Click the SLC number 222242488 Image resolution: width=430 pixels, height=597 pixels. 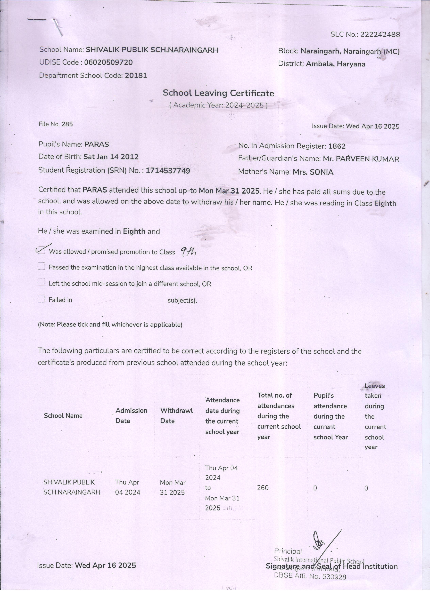[x=380, y=35]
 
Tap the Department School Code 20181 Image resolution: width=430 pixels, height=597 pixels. [x=136, y=76]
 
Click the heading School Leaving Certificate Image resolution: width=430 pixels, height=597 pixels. [x=218, y=93]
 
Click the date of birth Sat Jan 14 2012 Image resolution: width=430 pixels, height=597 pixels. [x=111, y=157]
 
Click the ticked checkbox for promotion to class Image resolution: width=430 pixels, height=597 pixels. [x=42, y=250]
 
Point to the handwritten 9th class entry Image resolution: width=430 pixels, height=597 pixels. [x=188, y=252]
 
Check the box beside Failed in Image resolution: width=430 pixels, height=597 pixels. [x=42, y=299]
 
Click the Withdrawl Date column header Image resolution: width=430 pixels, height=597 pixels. [x=176, y=416]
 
